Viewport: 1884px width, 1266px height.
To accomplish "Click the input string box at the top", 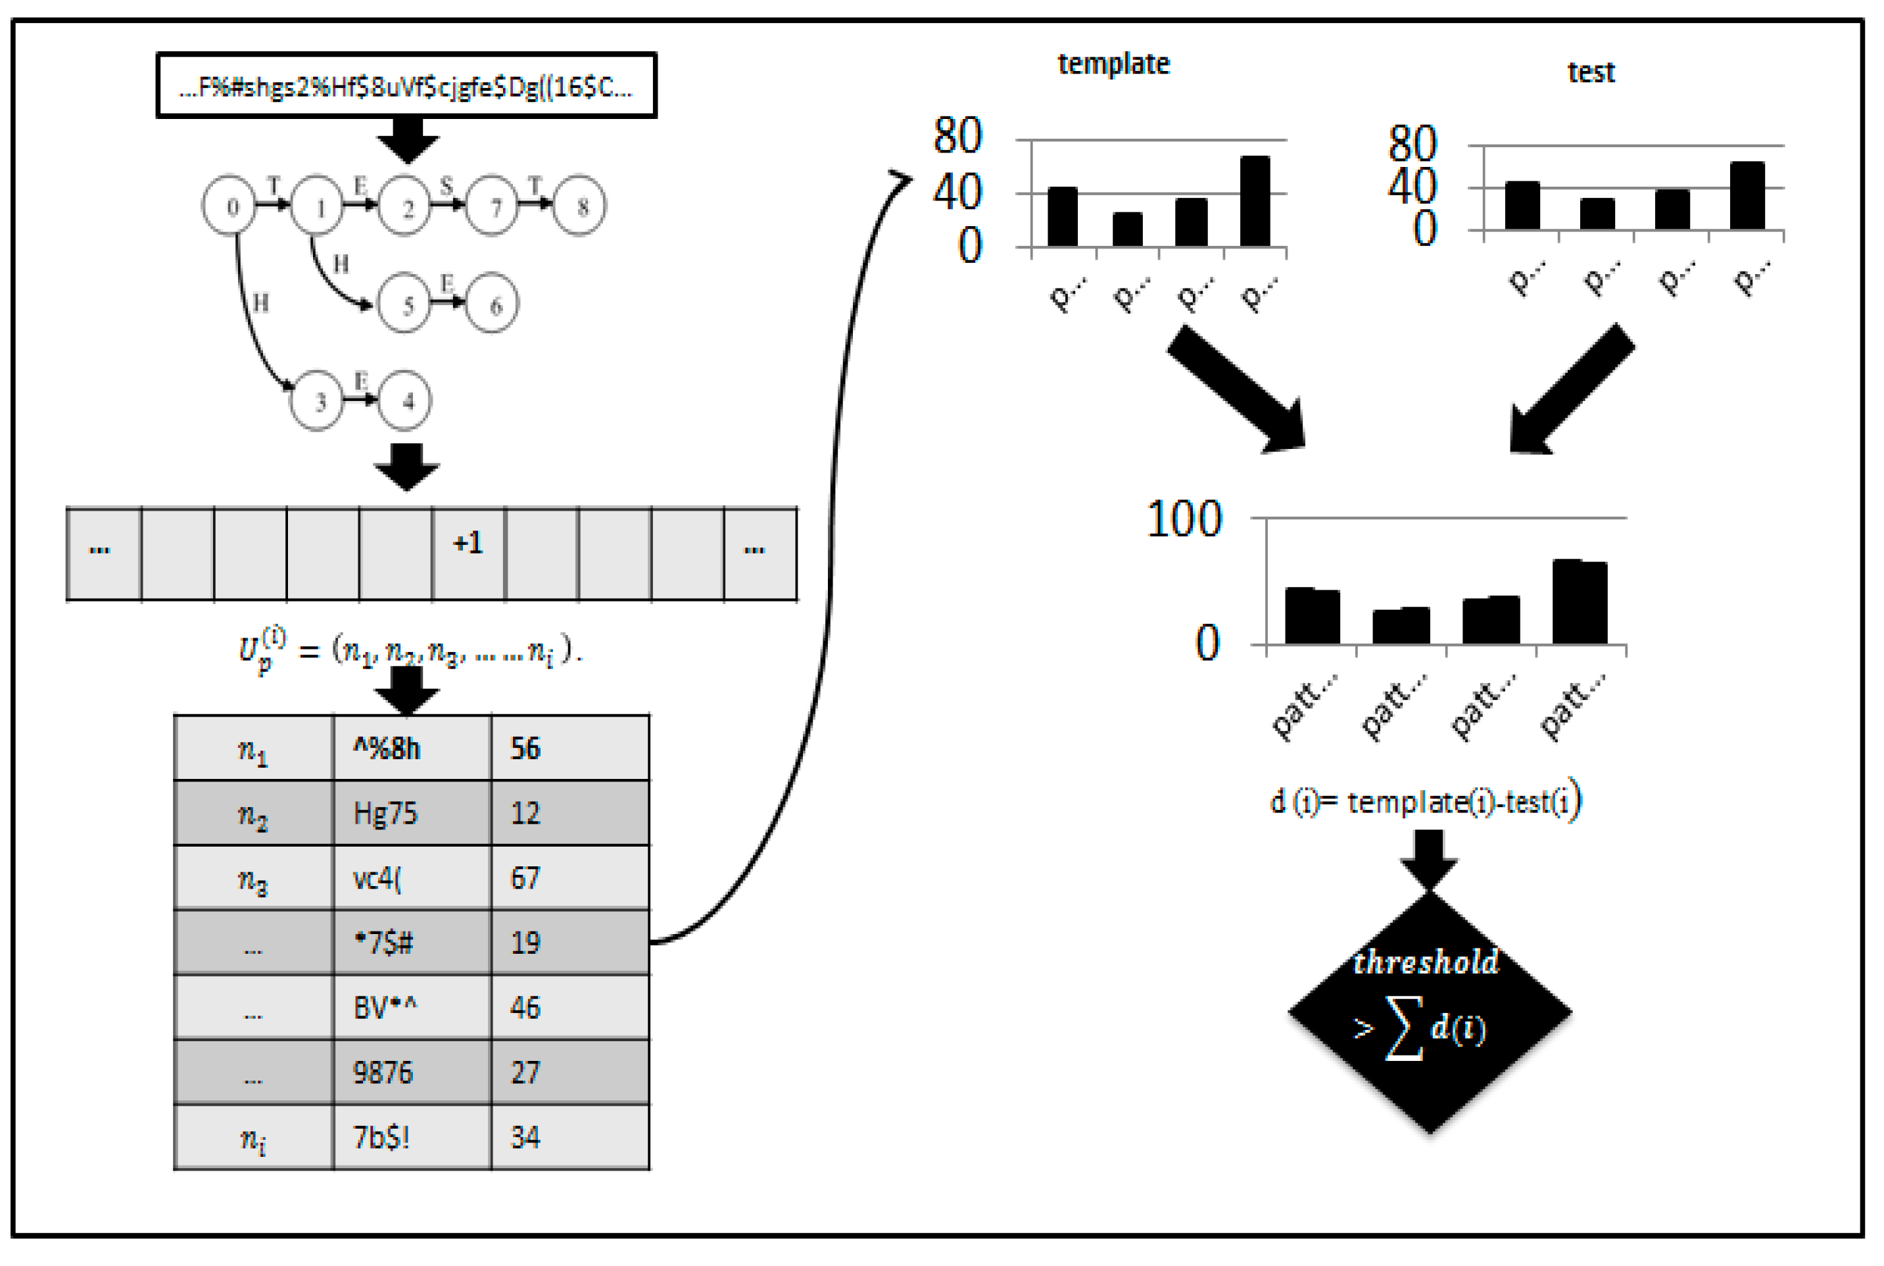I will pyautogui.click(x=406, y=85).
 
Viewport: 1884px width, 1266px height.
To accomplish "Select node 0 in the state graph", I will pyautogui.click(x=230, y=206).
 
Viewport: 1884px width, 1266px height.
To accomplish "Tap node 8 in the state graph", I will pyautogui.click(x=580, y=206).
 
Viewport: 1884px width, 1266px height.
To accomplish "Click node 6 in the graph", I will pyautogui.click(x=493, y=304).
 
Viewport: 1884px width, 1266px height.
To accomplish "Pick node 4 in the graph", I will pyautogui.click(x=405, y=401).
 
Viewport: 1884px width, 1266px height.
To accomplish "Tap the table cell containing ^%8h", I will pyautogui.click(x=412, y=749).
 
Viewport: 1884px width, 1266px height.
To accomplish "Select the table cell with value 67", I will pyautogui.click(x=569, y=878).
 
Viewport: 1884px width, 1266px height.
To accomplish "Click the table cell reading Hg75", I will pyautogui.click(x=412, y=813).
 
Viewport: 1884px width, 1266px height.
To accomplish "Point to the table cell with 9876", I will pyautogui.click(x=412, y=1073).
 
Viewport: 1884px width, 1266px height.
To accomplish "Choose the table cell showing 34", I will pyautogui.click(x=569, y=1138).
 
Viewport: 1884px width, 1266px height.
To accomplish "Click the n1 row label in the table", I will pyautogui.click(x=254, y=749).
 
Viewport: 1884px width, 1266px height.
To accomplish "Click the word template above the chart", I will pyautogui.click(x=1113, y=64).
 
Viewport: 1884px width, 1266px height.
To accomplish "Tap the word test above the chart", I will pyautogui.click(x=1591, y=73).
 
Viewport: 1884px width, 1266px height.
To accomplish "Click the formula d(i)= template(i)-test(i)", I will pyautogui.click(x=1425, y=802).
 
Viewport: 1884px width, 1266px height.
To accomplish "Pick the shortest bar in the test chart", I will pyautogui.click(x=1597, y=214).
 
